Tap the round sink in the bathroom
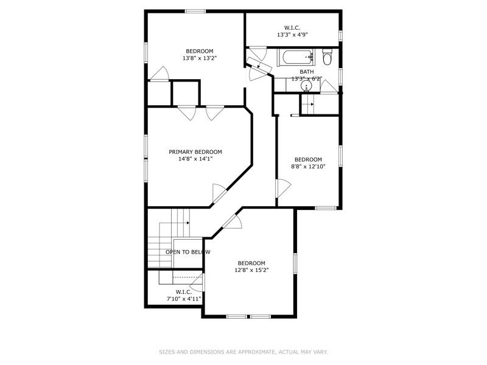[x=306, y=86]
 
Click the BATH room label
[x=307, y=72]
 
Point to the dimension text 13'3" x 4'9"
[x=292, y=35]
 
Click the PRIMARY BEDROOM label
[x=195, y=152]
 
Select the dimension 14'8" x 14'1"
[x=195, y=159]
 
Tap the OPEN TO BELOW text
[x=188, y=252]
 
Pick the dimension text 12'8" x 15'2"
[x=251, y=270]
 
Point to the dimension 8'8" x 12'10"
[x=308, y=167]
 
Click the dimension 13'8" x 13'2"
[x=200, y=58]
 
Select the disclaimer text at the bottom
[x=243, y=352]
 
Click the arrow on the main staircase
[x=188, y=223]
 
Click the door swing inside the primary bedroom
[x=219, y=193]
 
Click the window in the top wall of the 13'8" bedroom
[x=195, y=11]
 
